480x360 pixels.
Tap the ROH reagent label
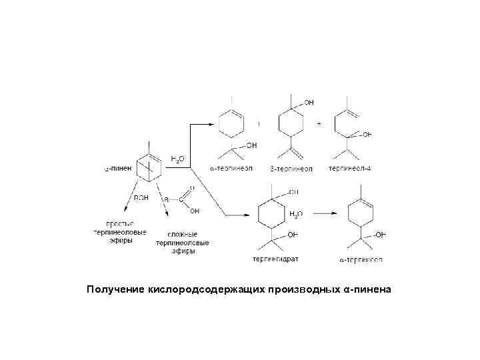pos(141,198)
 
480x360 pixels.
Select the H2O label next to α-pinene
pos(179,159)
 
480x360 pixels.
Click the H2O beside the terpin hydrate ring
pos(295,214)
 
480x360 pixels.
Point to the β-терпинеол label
pos(290,169)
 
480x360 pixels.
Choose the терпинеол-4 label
pos(350,169)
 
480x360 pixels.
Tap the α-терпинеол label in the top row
pos(231,169)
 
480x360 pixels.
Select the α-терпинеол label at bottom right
pos(360,259)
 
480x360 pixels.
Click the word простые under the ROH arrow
pos(121,223)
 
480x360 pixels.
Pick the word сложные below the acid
pos(182,234)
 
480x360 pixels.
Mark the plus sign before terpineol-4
pos(319,125)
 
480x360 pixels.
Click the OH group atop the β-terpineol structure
pos(308,102)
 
